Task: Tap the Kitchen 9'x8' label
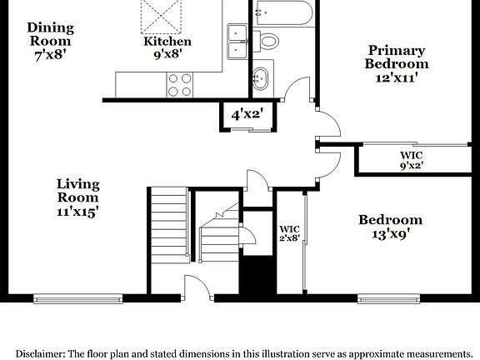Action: coord(167,47)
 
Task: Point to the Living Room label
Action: coord(77,197)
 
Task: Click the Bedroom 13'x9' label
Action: coord(390,227)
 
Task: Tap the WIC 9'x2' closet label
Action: coord(411,159)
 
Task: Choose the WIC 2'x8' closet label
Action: coord(289,233)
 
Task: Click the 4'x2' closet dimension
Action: coord(247,114)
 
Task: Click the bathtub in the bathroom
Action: coord(283,12)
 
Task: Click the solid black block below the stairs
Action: coord(257,274)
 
